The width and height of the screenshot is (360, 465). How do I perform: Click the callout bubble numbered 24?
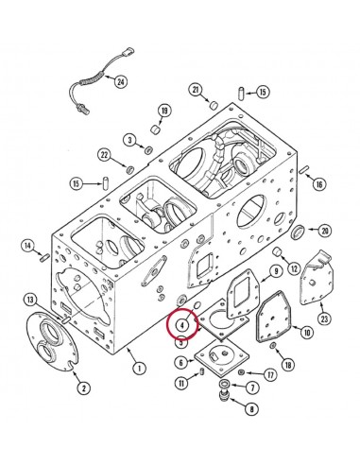121,82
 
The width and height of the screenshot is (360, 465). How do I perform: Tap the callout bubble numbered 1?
139,368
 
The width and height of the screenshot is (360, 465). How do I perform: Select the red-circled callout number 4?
181,325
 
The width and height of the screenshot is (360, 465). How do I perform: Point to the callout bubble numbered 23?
324,319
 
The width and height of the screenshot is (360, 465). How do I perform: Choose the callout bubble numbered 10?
307,332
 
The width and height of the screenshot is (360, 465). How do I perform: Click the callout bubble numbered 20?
325,231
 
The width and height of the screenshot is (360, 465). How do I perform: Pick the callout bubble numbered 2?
84,387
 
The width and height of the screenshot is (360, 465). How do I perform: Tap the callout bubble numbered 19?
164,111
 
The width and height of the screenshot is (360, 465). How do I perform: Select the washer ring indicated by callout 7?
225,384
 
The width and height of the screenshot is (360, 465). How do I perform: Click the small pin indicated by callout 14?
44,258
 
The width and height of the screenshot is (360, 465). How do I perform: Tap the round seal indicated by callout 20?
298,232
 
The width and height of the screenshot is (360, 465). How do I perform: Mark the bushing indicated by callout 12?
277,251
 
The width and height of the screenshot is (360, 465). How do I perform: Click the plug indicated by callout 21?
214,105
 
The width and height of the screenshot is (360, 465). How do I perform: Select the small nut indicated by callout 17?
242,372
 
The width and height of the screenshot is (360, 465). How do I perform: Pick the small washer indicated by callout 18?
272,346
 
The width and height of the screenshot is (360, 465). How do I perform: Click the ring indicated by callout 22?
130,169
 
